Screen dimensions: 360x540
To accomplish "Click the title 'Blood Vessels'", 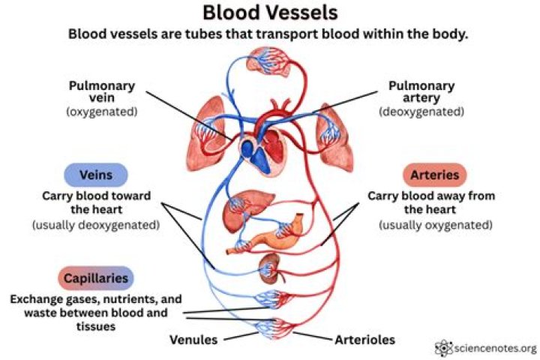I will click(x=270, y=13).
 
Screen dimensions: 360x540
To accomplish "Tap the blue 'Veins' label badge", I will click(x=95, y=175).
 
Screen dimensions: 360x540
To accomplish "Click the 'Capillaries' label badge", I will click(x=95, y=278).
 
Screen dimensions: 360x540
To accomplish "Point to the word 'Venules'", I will click(x=193, y=340).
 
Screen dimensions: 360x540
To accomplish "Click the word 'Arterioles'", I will click(x=364, y=340).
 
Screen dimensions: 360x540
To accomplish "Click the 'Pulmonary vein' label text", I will click(x=96, y=91).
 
